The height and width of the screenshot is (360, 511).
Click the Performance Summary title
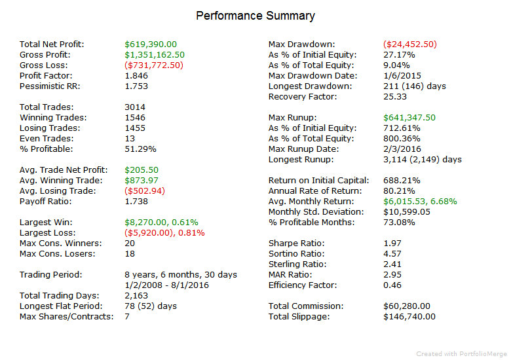[255, 16]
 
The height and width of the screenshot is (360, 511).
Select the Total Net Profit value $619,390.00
[151, 45]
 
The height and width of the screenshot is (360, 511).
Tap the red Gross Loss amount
[154, 65]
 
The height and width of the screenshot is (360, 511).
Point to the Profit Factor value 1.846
[136, 75]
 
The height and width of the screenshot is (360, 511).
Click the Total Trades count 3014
[135, 107]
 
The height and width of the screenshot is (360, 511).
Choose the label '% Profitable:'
[47, 149]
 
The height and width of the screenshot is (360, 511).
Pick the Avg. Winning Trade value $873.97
[142, 180]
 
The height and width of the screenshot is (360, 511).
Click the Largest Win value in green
[161, 223]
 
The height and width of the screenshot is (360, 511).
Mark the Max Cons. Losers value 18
[130, 253]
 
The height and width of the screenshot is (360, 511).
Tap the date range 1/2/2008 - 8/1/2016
[167, 285]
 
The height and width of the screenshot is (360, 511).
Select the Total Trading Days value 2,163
[136, 296]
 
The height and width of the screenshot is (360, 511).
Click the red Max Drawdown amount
[410, 45]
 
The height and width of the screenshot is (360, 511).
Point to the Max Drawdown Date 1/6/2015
[402, 75]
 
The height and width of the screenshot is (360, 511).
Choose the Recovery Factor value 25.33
[395, 97]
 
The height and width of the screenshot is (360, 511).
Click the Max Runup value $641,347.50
[409, 118]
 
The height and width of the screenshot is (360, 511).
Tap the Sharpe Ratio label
[297, 243]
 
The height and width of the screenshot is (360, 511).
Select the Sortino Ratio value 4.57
[392, 253]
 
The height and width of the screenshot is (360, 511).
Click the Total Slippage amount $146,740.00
[409, 316]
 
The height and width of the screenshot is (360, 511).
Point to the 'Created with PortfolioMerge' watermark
[461, 354]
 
